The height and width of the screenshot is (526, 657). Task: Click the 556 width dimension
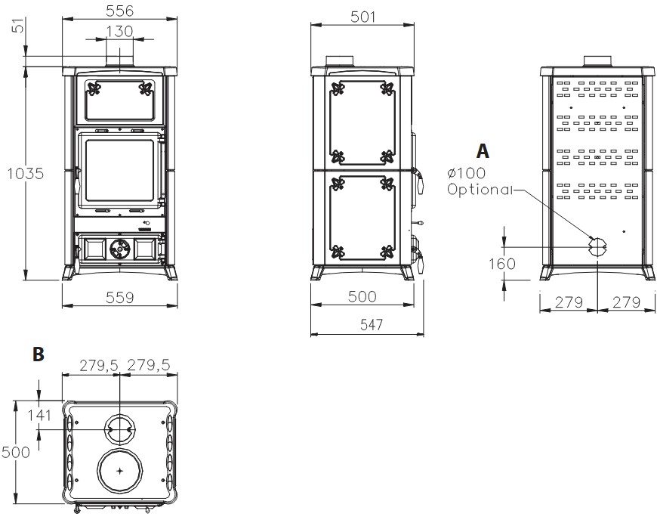coord(119,10)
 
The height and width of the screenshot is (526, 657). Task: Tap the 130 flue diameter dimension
coord(119,31)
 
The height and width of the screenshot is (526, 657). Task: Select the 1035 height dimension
coord(26,173)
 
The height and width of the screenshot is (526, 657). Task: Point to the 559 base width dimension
coord(119,298)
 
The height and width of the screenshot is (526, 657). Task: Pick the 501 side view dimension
coord(362,17)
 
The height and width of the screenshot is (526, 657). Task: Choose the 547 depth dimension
coord(372,325)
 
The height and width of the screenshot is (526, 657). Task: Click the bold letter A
coord(483,151)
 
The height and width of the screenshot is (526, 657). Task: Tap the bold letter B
coord(38,354)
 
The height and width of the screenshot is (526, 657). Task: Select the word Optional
coord(480,189)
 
